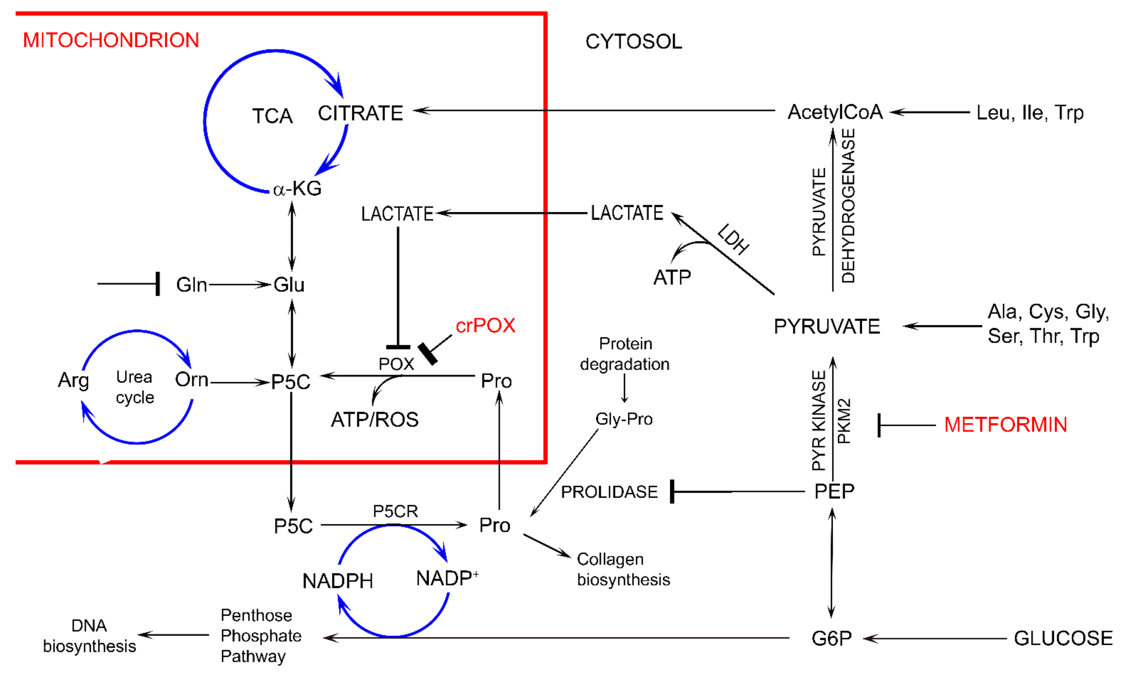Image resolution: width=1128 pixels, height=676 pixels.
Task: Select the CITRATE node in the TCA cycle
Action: click(360, 113)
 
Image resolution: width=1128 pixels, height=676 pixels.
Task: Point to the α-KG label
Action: click(297, 188)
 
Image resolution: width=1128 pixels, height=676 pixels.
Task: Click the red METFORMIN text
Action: click(1005, 425)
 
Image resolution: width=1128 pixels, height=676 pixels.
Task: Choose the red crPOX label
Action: click(485, 326)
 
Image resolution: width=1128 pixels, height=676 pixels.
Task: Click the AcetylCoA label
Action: click(835, 112)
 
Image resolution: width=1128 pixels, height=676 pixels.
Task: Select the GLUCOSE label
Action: click(1063, 638)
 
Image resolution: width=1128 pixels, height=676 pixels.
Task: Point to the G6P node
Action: click(831, 638)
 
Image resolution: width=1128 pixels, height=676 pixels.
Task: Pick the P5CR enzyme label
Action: click(395, 511)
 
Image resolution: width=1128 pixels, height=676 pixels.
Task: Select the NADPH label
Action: click(338, 581)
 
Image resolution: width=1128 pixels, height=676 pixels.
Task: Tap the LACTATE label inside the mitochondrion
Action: click(397, 214)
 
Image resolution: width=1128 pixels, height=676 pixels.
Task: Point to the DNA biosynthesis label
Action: click(89, 636)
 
